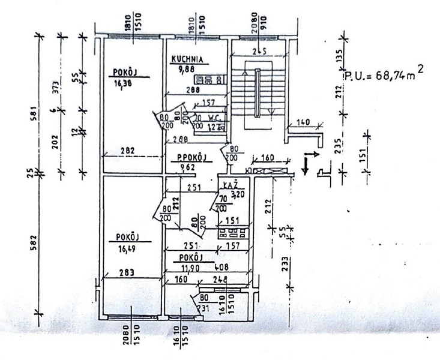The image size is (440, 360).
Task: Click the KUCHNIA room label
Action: [x=188, y=59]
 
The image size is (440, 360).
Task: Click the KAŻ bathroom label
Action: [x=231, y=185]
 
